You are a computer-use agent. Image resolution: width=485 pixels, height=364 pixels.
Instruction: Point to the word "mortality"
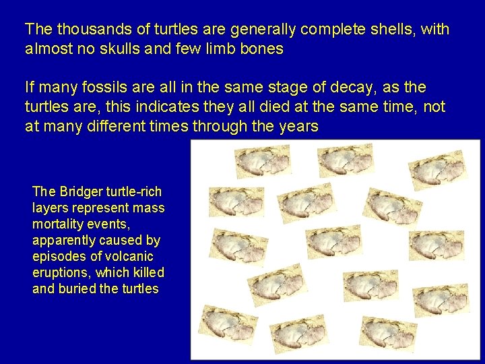pyautogui.click(x=59, y=224)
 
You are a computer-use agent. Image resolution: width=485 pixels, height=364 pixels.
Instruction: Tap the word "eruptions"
pyautogui.click(x=61, y=272)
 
